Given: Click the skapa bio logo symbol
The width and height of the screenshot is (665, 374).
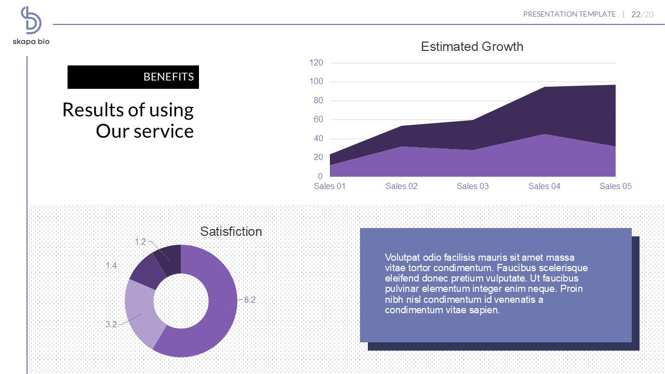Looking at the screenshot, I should point(31,20).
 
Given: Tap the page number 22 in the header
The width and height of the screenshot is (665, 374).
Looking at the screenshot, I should point(636,15).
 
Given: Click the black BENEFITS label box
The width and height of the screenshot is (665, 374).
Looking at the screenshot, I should point(133,77).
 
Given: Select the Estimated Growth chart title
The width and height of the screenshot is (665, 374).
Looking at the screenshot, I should point(472,47).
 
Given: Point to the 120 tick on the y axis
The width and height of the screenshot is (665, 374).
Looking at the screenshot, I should point(316,63).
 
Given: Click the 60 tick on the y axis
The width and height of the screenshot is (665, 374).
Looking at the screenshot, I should point(318,119).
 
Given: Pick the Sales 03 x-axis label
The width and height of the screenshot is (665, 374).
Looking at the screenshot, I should point(473,186).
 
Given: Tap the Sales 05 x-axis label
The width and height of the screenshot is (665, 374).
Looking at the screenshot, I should point(616,186).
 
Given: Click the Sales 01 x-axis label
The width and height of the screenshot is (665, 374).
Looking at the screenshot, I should point(330,186).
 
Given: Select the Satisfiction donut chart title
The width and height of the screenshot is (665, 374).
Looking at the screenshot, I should point(231,232).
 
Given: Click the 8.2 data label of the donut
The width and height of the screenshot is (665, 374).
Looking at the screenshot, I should point(250,300).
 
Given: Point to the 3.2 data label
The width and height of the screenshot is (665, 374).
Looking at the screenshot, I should point(111,324).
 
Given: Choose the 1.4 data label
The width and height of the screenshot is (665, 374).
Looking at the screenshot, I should point(111,265).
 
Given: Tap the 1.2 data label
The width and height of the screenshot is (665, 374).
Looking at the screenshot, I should point(140,242).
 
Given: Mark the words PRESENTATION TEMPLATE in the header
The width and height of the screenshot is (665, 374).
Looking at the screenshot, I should point(569,15).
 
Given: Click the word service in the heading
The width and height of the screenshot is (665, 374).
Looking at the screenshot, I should point(164,131).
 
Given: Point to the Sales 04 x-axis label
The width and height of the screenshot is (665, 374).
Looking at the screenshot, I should point(544,186).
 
